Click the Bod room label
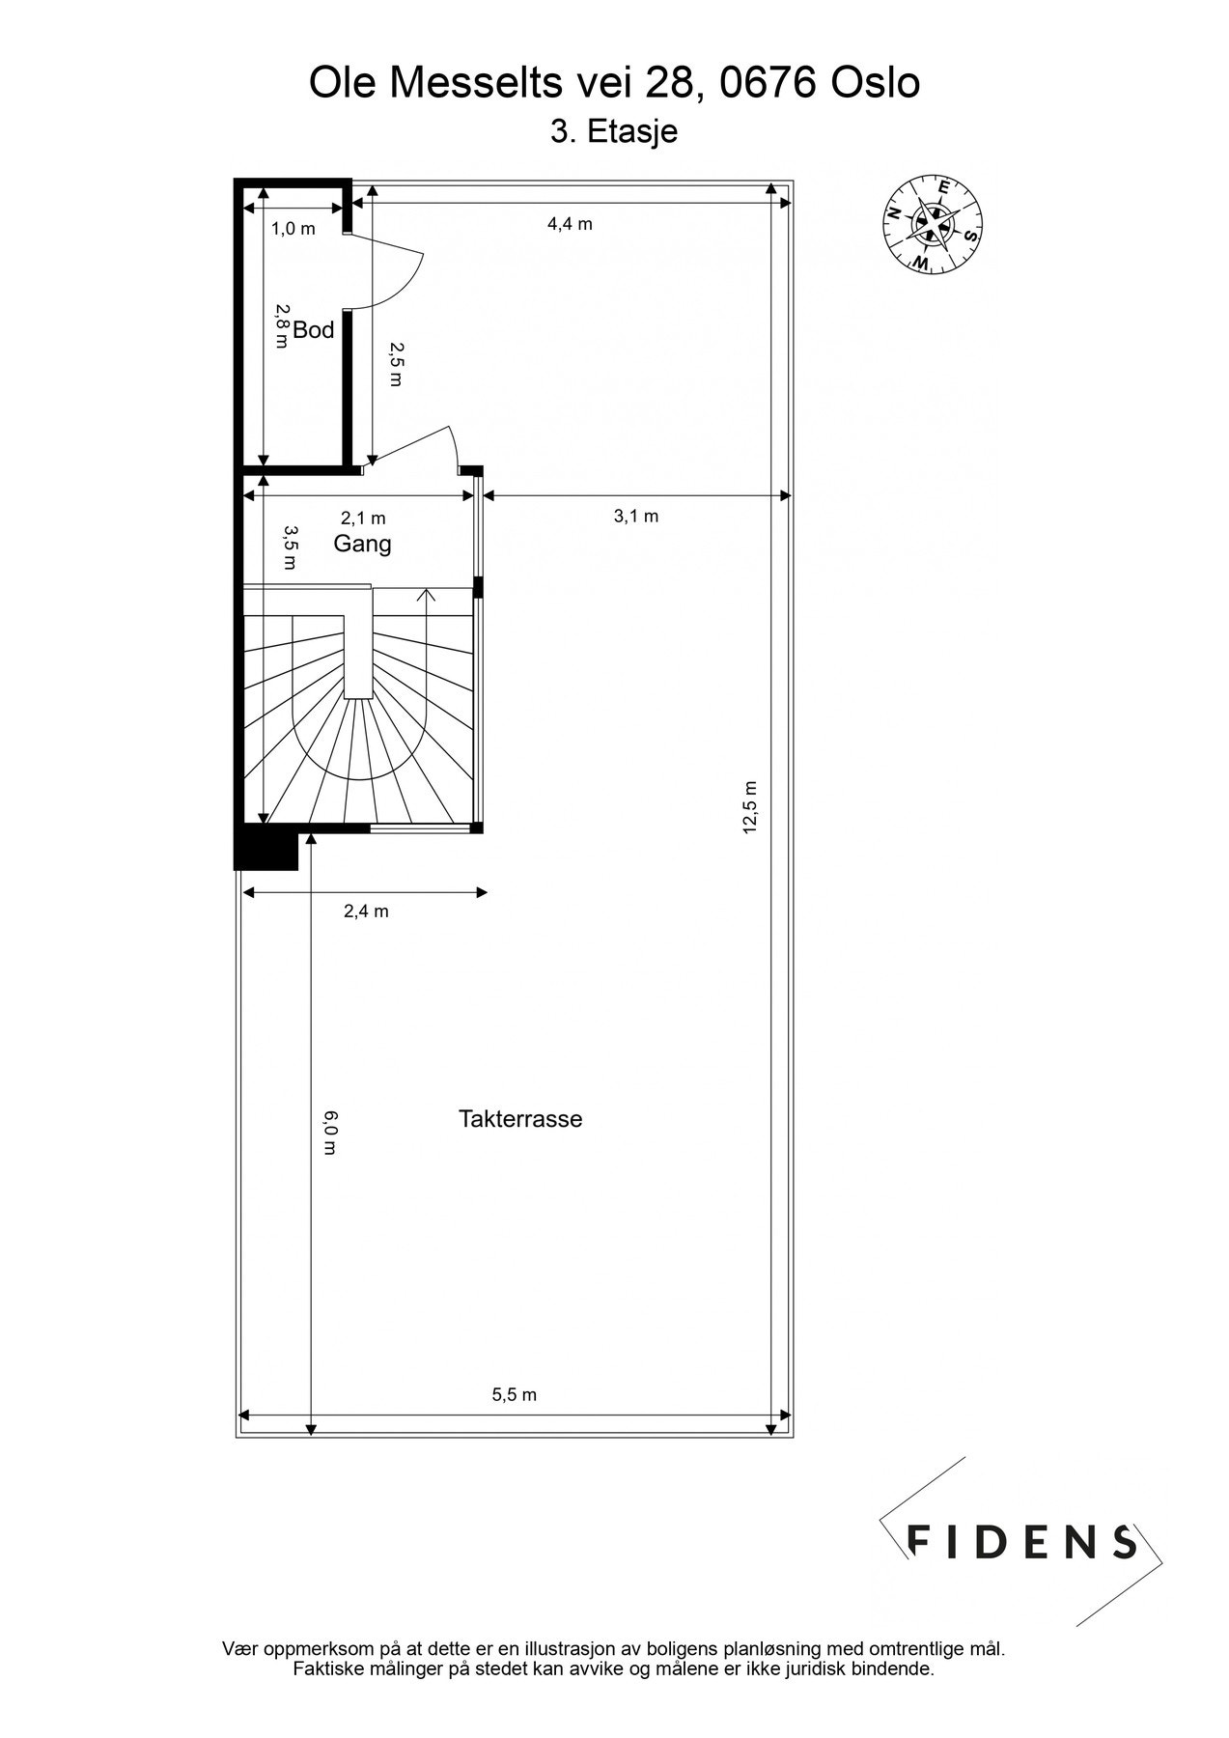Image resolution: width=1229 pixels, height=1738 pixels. tap(314, 330)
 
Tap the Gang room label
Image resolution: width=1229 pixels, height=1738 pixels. tap(362, 544)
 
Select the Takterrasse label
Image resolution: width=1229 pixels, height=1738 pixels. tap(520, 1119)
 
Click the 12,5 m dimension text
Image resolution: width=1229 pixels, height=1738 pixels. tap(752, 806)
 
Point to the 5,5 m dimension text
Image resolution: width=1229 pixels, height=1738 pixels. tap(514, 1394)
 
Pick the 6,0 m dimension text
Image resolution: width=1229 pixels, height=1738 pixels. tap(329, 1133)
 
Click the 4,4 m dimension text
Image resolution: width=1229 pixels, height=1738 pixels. tap(570, 224)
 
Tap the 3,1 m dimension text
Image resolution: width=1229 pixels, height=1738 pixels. tap(636, 516)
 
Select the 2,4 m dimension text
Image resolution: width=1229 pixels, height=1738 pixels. tap(366, 911)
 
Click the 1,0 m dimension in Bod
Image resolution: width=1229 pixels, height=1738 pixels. tap(293, 229)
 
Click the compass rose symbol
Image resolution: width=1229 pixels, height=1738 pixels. tap(933, 223)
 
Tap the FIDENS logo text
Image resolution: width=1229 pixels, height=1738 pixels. tap(1021, 1542)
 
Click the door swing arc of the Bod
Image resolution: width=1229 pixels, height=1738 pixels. tap(410, 275)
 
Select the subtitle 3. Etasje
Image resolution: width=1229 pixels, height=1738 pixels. tap(613, 131)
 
